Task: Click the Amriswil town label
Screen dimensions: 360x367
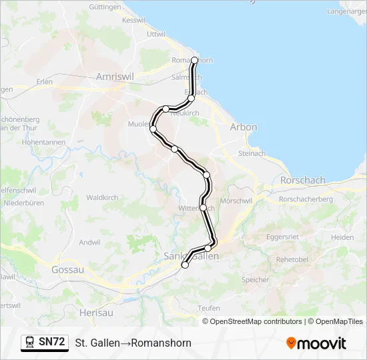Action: pyautogui.click(x=115, y=77)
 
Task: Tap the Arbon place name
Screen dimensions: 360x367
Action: pyautogui.click(x=243, y=127)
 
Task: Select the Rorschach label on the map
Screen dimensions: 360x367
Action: pyautogui.click(x=302, y=180)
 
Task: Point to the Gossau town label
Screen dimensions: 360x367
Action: pyautogui.click(x=67, y=270)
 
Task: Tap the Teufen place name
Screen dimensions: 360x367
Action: pyautogui.click(x=209, y=308)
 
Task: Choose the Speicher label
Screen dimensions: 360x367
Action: pyautogui.click(x=255, y=280)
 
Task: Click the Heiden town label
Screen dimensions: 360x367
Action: pyautogui.click(x=342, y=237)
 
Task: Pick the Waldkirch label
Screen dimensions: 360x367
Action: pyautogui.click(x=102, y=197)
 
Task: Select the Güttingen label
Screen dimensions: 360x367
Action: pyautogui.click(x=104, y=7)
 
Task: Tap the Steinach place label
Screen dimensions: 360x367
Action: pyautogui.click(x=252, y=153)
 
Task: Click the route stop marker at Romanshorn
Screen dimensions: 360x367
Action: pyautogui.click(x=194, y=60)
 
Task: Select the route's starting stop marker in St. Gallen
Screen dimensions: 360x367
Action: pyautogui.click(x=185, y=265)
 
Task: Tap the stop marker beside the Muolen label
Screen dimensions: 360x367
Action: pyautogui.click(x=153, y=129)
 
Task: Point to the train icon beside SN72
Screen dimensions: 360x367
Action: pyautogui.click(x=30, y=343)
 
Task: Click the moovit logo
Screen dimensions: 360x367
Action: pyautogui.click(x=316, y=343)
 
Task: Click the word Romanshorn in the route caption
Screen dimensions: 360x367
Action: pyautogui.click(x=161, y=343)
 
